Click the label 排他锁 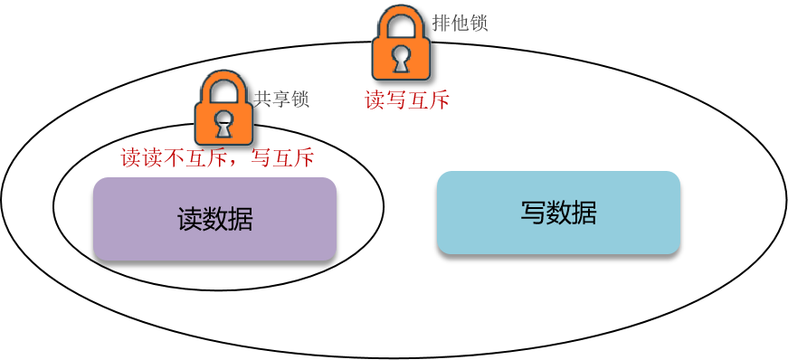[460, 23]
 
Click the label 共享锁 [281, 99]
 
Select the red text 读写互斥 [407, 99]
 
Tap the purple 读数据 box [214, 219]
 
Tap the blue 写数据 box [558, 213]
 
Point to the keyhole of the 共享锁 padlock [223, 119]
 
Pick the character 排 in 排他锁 [441, 23]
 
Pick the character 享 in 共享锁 [281, 99]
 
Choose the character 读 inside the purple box [189, 219]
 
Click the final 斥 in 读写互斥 [439, 99]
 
